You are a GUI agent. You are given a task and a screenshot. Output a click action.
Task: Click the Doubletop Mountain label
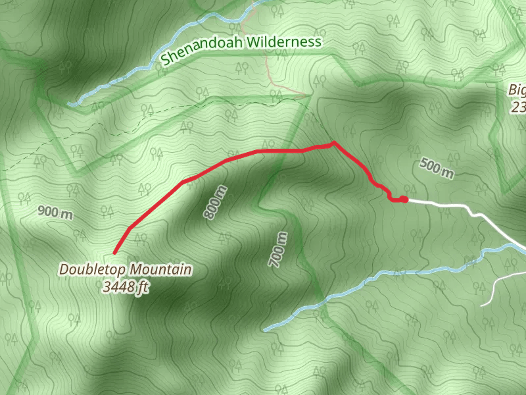tap(126, 269)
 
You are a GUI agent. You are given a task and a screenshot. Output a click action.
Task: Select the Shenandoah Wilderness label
tap(241, 50)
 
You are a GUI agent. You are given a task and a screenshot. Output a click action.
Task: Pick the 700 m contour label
tap(278, 250)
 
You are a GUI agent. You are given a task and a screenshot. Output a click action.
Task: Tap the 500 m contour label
tap(437, 169)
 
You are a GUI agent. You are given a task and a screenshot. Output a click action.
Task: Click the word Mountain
tap(160, 269)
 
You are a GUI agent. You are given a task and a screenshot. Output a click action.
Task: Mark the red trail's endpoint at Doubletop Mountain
tap(115, 253)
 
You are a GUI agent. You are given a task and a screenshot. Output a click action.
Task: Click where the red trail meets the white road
tap(406, 199)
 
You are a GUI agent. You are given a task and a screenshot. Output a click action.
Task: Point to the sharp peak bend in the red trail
tap(334, 142)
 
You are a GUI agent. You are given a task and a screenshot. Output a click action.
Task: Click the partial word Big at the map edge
tap(517, 90)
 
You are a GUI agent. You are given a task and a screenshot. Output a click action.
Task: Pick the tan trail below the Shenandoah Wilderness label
tap(270, 72)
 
